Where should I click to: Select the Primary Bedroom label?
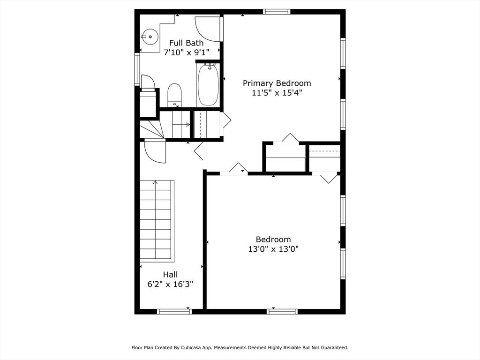[x=277, y=83]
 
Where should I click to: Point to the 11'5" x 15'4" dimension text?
[x=277, y=93]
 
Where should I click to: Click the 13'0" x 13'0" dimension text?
[x=273, y=249]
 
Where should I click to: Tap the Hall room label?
[x=170, y=274]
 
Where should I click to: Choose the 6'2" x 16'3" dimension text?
[x=170, y=284]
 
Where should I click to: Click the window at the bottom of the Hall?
[x=174, y=311]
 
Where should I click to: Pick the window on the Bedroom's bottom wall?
[x=282, y=311]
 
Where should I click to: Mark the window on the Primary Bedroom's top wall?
[x=277, y=12]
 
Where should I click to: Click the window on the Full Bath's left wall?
[x=137, y=69]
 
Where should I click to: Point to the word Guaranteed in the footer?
[x=333, y=348]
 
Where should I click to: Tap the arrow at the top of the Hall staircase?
[x=155, y=182]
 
